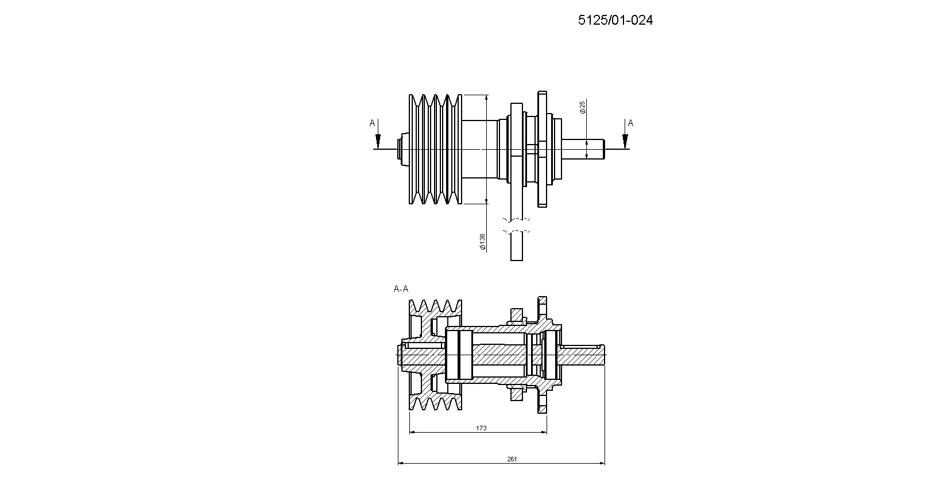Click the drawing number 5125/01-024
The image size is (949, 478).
(615, 20)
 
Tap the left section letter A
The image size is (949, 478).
(372, 123)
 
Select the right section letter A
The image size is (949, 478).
(630, 123)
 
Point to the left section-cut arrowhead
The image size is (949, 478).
(378, 141)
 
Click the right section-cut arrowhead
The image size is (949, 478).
(625, 141)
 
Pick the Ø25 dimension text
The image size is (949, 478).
(583, 107)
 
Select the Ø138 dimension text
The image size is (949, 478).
(482, 242)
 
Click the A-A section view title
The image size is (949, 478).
(401, 289)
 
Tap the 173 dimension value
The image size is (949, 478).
(481, 428)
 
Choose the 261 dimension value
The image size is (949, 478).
(512, 459)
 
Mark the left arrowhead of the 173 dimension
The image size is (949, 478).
(413, 432)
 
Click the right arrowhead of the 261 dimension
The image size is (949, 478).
(601, 463)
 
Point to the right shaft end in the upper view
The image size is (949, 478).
(583, 149)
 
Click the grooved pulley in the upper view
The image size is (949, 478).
(435, 149)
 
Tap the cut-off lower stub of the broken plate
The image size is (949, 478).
(517, 246)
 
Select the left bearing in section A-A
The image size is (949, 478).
(459, 355)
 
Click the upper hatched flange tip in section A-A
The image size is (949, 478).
(543, 307)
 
